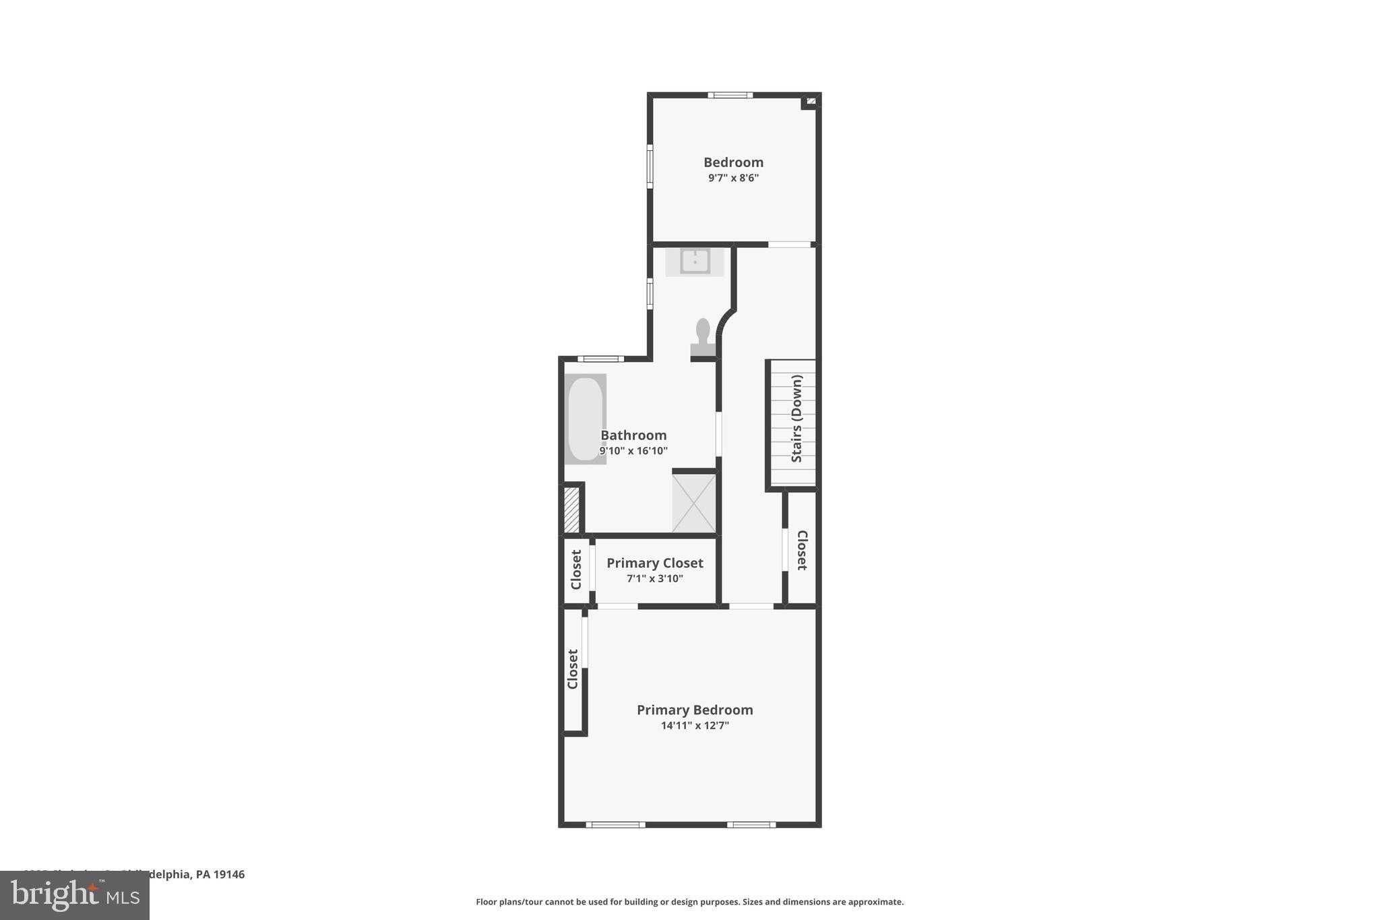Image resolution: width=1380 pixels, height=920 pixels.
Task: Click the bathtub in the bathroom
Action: tap(585, 419)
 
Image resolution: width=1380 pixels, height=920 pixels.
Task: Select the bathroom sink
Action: tap(694, 261)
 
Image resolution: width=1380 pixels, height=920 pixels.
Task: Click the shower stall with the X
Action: tap(693, 503)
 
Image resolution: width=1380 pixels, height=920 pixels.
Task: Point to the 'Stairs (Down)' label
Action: tap(796, 419)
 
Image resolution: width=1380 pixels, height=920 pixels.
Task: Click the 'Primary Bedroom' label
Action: tap(695, 710)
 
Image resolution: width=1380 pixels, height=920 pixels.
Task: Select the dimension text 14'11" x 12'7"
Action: tap(695, 726)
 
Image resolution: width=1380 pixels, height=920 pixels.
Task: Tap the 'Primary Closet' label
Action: tap(654, 563)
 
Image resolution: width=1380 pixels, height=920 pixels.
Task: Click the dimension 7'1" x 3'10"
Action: tap(654, 578)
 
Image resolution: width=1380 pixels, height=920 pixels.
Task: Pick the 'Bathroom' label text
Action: tap(633, 435)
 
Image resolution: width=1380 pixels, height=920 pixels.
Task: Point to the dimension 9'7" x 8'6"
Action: tap(733, 178)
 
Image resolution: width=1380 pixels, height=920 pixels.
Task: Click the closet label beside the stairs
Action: tap(802, 550)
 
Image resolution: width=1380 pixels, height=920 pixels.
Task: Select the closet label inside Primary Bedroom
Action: tap(573, 669)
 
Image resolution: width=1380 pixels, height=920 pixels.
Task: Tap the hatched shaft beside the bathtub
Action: tap(571, 509)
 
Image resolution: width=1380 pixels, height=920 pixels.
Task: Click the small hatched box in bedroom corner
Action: tap(811, 101)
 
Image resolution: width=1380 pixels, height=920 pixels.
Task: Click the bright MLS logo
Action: tap(74, 895)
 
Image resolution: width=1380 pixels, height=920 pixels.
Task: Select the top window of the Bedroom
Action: tap(730, 95)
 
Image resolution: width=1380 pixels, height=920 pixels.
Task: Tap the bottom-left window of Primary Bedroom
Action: tap(615, 824)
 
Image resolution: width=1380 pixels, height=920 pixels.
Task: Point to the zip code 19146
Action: tap(230, 874)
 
